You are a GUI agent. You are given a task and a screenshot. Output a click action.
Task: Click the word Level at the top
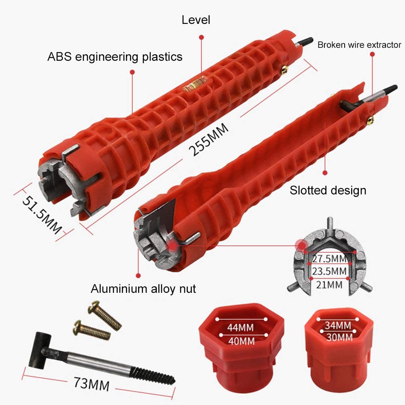(x=196, y=20)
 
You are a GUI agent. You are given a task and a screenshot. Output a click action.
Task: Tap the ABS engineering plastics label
(x=115, y=57)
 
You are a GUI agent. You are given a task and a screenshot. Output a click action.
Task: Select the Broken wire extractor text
(x=359, y=45)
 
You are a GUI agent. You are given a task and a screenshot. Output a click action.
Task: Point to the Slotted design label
(x=328, y=190)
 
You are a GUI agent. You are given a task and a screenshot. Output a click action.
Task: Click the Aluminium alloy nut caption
(x=143, y=288)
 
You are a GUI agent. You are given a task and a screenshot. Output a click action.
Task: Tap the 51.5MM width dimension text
(x=42, y=215)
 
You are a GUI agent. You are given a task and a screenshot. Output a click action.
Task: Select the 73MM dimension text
(x=92, y=384)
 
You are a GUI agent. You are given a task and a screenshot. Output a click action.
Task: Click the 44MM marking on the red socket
(x=241, y=328)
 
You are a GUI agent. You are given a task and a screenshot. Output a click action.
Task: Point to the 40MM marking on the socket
(x=241, y=341)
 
